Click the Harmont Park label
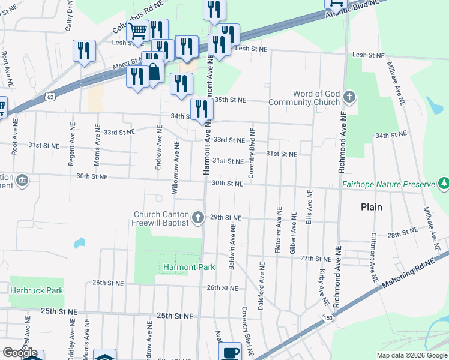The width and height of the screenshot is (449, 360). coord(180,266)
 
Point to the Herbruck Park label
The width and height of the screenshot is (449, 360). coord(37,290)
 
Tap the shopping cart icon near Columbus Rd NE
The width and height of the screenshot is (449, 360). coord(139,30)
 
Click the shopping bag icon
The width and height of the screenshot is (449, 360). coord(154,71)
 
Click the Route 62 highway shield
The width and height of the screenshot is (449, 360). coord(50,96)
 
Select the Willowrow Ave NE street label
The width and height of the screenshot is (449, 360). coord(176,166)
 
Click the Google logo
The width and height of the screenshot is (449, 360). coord(20,353)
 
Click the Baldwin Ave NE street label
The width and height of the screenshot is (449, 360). coord(232,242)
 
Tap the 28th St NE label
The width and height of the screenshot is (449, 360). coord(402,232)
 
